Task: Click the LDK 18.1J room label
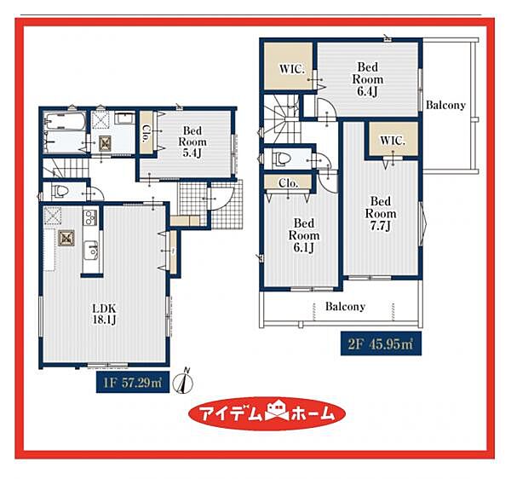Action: (x=104, y=314)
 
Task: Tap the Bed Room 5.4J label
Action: (x=192, y=141)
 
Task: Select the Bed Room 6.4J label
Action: (x=368, y=79)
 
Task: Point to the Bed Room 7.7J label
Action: (x=381, y=214)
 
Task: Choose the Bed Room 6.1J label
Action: (x=304, y=235)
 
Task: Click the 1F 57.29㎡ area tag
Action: (x=133, y=382)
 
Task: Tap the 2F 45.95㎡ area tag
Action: (x=381, y=343)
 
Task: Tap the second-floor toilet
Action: (x=283, y=159)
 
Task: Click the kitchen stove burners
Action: (x=89, y=217)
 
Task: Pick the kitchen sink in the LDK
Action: (x=90, y=251)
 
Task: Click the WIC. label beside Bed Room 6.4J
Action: (x=292, y=69)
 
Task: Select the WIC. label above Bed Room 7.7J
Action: (x=393, y=141)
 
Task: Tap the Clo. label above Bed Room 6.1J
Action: (x=289, y=183)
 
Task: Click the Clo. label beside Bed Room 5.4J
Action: (x=146, y=134)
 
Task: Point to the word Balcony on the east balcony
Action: (x=445, y=105)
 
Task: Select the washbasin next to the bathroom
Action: (x=124, y=118)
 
